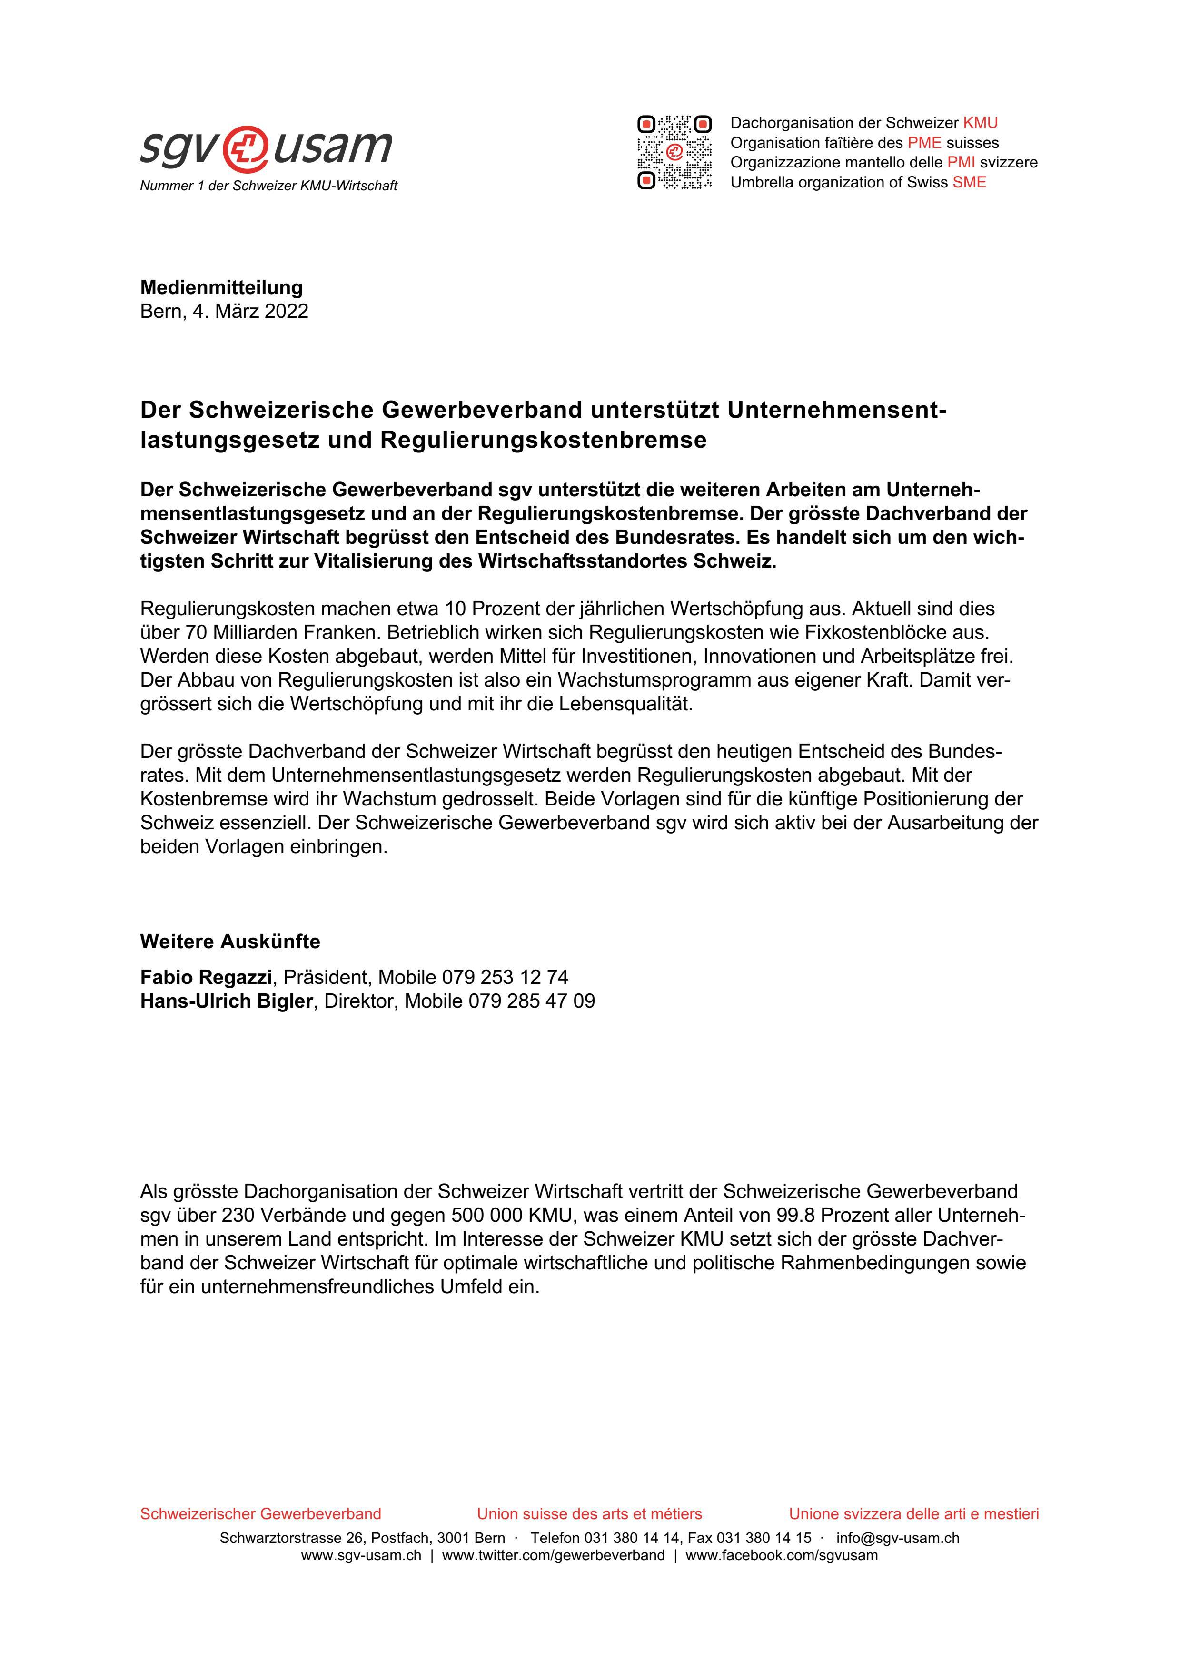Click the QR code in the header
point(674,152)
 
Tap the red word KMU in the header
point(980,123)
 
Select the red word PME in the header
point(924,142)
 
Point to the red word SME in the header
point(969,182)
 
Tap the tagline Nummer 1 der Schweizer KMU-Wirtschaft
point(268,186)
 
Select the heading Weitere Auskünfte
point(230,942)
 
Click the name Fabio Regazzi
point(206,976)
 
